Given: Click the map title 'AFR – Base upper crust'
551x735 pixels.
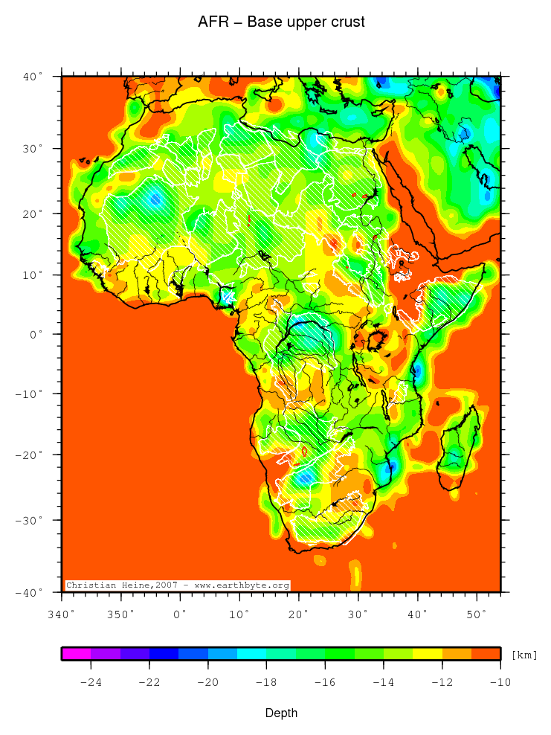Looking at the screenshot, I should click(281, 22).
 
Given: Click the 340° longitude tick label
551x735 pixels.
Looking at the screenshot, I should click(61, 614).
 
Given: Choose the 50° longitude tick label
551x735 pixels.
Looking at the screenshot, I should click(476, 614).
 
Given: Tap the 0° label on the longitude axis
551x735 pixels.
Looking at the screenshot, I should click(180, 614).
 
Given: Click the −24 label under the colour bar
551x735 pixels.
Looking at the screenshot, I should click(91, 681).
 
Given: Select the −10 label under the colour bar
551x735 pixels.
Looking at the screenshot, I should click(500, 681).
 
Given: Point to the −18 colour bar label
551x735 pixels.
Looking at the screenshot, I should click(266, 681).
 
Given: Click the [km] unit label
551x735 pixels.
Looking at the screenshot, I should click(524, 655).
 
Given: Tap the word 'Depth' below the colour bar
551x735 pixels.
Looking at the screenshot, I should click(282, 713).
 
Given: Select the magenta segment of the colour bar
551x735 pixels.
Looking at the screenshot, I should click(77, 654).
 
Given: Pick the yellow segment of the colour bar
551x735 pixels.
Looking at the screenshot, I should click(427, 654).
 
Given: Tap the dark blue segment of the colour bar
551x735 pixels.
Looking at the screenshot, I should click(164, 654).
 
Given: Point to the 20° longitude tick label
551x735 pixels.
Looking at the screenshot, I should click(298, 614).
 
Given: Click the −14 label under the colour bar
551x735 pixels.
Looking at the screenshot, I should click(383, 681).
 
